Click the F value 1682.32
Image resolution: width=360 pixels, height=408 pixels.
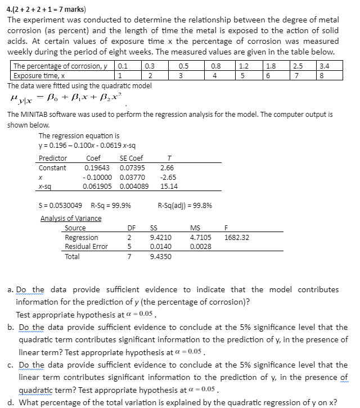point(237,238)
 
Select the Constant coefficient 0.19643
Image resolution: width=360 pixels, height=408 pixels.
point(97,168)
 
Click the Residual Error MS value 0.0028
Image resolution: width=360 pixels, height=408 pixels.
point(201,247)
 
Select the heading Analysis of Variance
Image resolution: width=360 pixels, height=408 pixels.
point(71,218)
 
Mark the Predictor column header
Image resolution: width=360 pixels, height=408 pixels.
point(52,158)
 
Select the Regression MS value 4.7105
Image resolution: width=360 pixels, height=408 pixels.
point(201,238)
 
